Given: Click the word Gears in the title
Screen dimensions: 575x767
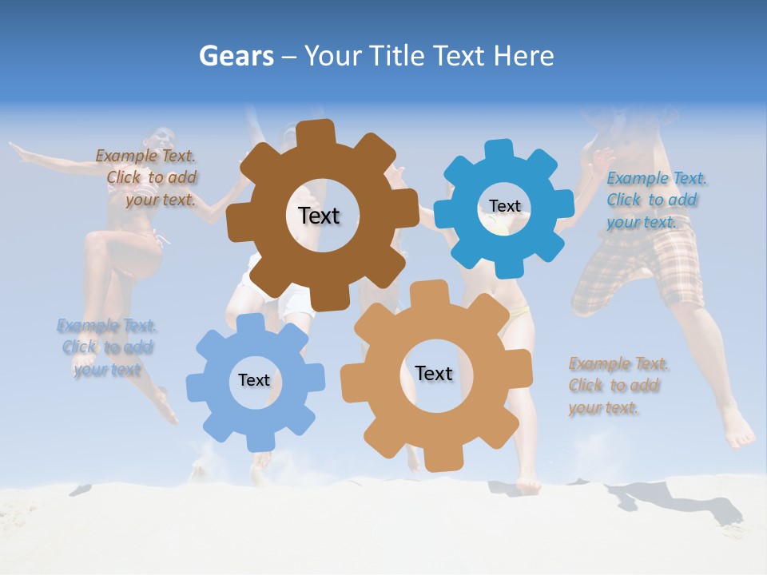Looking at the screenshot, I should click(x=236, y=56).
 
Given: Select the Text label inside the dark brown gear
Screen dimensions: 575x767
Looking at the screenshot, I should click(x=319, y=216).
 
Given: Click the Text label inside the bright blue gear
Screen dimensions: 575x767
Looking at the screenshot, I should click(x=505, y=206).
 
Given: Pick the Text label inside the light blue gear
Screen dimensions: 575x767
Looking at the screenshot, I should click(x=254, y=380).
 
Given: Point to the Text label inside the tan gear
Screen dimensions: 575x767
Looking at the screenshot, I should click(x=434, y=373).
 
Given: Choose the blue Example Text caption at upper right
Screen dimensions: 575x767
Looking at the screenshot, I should click(x=655, y=200).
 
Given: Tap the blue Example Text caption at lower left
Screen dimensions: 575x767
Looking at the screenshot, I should click(x=107, y=347).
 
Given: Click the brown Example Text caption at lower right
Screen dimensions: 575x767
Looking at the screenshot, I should click(x=617, y=386).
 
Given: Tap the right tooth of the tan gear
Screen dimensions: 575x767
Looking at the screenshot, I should click(x=520, y=375).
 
